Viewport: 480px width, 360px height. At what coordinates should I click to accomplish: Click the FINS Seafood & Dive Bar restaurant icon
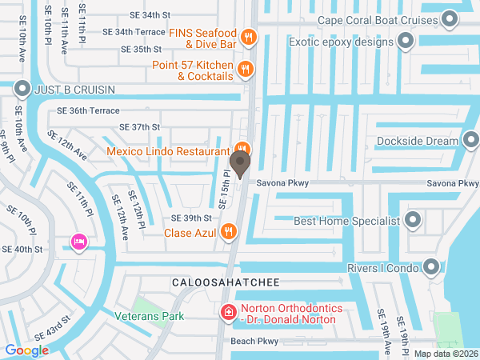point(249,36)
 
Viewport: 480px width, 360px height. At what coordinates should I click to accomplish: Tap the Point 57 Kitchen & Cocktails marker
point(246,70)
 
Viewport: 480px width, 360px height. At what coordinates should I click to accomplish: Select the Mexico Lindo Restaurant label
point(169,150)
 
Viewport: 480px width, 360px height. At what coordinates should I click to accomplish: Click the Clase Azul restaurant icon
point(230,233)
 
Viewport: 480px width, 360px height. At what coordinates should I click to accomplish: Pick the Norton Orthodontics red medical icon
point(228,312)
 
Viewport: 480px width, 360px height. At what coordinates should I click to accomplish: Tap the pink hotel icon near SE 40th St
point(78,241)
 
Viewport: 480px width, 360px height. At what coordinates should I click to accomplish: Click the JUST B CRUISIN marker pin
point(22,89)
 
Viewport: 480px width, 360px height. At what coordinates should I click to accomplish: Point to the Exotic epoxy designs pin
point(406,41)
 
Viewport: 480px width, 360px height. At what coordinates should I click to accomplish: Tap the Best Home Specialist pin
point(413,220)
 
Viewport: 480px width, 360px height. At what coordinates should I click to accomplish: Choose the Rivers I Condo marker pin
point(432,268)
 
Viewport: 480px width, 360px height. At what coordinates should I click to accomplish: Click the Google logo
point(26,350)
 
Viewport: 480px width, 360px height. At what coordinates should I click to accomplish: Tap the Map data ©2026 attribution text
point(445,353)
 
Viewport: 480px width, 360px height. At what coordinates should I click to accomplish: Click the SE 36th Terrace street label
point(88,111)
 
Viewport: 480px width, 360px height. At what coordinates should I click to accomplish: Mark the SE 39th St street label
point(191,218)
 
